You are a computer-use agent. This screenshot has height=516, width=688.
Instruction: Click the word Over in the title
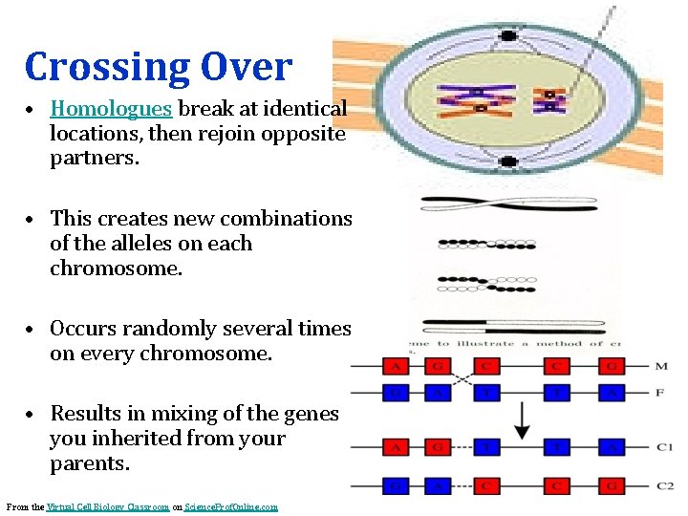[247, 67]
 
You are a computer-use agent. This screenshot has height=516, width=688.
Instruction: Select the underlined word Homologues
[111, 109]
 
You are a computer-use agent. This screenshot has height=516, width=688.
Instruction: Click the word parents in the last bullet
[86, 463]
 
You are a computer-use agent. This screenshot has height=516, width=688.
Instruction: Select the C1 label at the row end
[665, 446]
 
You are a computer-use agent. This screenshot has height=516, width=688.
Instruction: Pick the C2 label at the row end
[665, 485]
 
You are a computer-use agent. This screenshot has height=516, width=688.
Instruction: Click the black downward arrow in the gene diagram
[522, 420]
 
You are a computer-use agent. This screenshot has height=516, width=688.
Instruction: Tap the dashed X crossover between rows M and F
[462, 378]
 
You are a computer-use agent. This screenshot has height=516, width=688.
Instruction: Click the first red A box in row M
[393, 366]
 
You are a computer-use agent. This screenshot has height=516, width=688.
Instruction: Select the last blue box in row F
[612, 392]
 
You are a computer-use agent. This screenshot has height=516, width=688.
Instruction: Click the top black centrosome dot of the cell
[508, 35]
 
